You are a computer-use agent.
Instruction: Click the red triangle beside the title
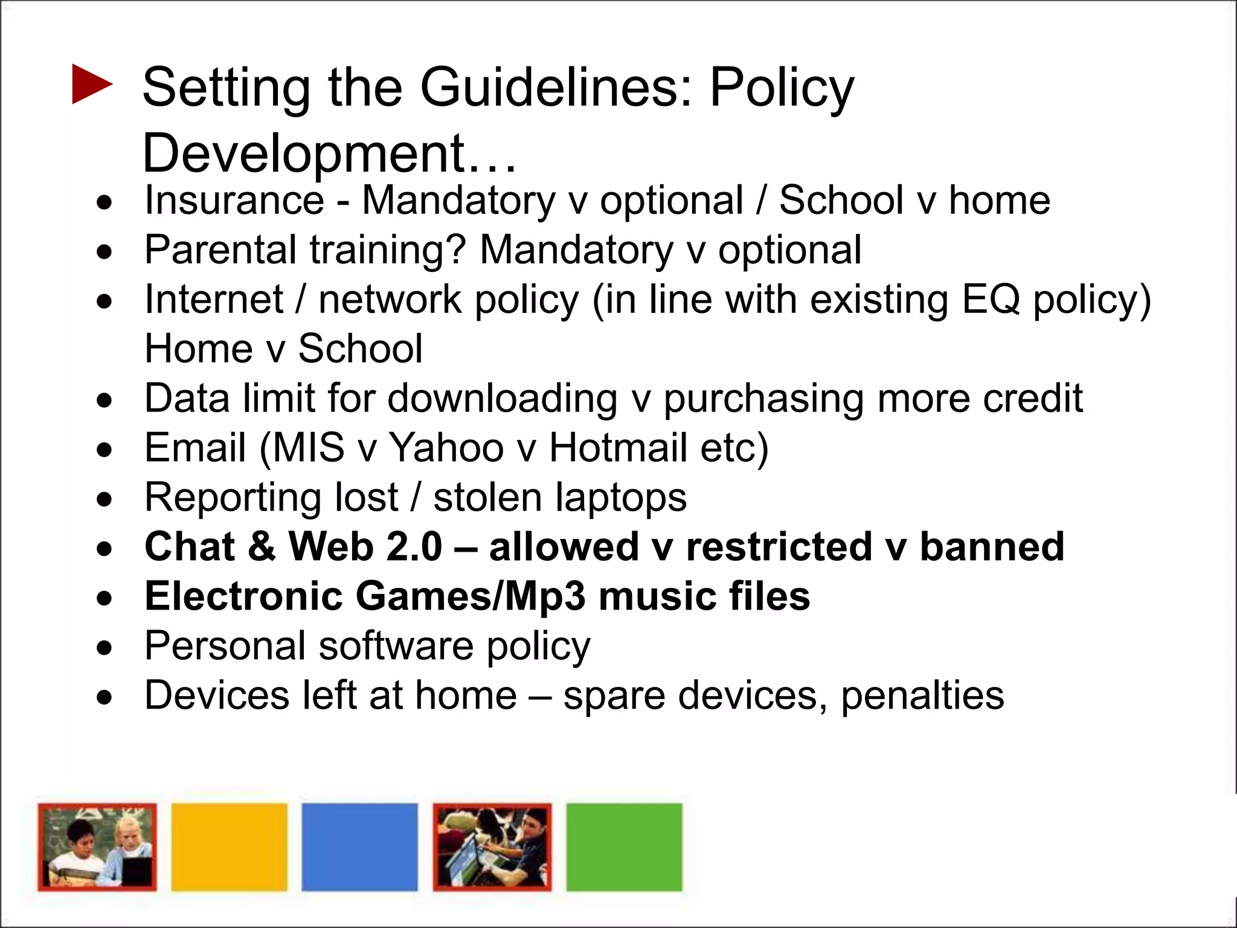click(x=91, y=84)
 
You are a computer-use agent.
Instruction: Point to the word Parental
click(x=220, y=250)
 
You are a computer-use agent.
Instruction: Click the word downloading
click(x=502, y=399)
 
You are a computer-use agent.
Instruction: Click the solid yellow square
click(x=230, y=846)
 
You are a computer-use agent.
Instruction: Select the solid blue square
click(x=360, y=846)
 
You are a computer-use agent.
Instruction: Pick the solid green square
click(x=624, y=846)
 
